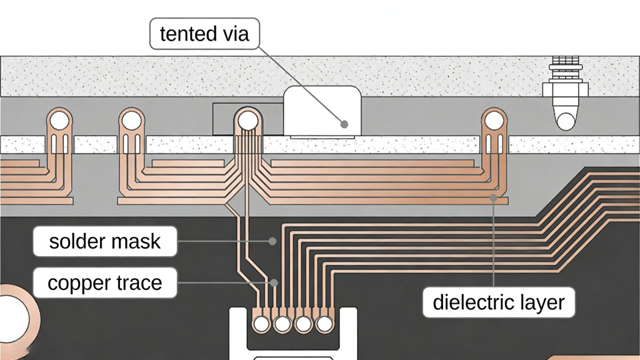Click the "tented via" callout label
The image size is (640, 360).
pos(204,34)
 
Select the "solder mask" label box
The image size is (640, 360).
pos(104,241)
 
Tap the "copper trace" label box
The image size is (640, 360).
pos(104,283)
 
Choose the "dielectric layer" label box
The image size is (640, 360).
pos(498,302)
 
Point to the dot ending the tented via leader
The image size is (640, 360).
pos(344,124)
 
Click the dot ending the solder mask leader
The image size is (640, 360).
pos(272,241)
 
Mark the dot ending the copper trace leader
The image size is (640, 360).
pos(275,282)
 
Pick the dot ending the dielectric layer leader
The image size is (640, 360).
pos(494,199)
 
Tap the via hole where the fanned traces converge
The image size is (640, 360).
pos(247,119)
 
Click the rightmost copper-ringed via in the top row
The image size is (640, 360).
pos(494,119)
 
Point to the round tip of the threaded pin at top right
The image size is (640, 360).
pos(566,121)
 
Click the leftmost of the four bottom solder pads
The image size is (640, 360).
pos(261,324)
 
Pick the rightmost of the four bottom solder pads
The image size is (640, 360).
pos(324,324)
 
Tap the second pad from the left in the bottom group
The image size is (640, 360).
pos(282,324)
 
